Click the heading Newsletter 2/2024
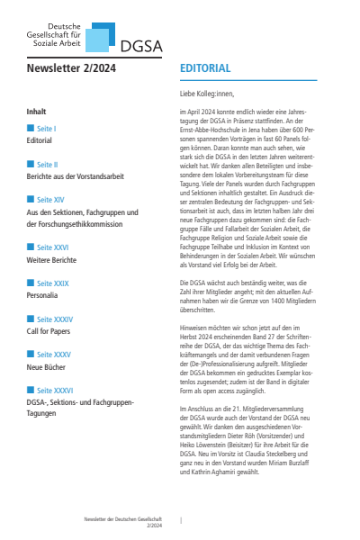click(x=72, y=67)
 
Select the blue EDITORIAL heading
click(x=206, y=67)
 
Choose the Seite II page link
click(x=48, y=166)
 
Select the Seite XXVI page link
click(x=52, y=246)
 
